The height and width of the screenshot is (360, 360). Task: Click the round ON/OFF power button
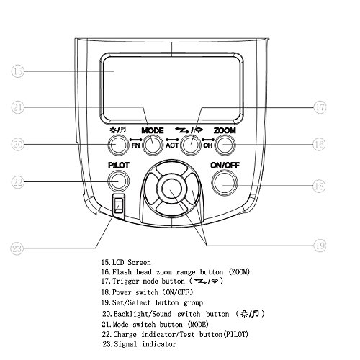225,183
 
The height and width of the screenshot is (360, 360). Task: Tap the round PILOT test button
119,181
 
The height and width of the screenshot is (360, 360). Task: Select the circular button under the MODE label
153,145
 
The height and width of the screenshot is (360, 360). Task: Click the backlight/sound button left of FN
117,145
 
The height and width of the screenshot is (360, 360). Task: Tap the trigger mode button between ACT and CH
191,145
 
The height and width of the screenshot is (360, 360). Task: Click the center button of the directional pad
172,189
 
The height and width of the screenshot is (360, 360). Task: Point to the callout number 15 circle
18,71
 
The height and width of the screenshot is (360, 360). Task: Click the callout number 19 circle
320,246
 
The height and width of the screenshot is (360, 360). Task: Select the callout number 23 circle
17,248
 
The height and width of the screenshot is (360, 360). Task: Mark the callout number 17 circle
320,107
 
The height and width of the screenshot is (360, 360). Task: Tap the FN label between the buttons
135,145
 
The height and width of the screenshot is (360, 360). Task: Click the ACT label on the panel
172,145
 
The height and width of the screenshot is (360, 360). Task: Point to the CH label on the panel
208,145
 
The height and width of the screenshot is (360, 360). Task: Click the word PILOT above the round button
119,166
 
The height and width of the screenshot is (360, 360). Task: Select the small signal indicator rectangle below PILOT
118,206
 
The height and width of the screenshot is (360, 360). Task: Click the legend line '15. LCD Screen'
126,262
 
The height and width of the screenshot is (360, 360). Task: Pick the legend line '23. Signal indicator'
139,344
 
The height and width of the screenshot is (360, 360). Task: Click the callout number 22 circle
18,182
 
